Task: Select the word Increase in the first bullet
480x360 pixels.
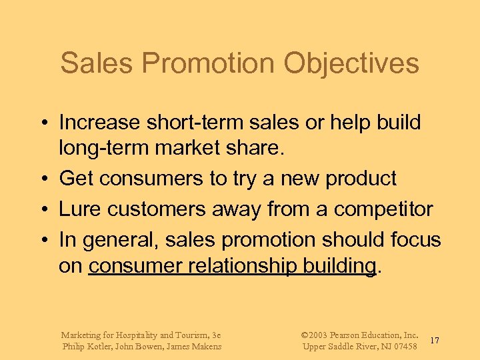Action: (x=99, y=123)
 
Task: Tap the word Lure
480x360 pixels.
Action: (x=77, y=209)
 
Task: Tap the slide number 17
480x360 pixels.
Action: (x=434, y=341)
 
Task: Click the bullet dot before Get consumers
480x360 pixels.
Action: (x=42, y=179)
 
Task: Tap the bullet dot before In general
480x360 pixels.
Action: (x=42, y=239)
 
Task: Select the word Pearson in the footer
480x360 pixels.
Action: (x=351, y=335)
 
